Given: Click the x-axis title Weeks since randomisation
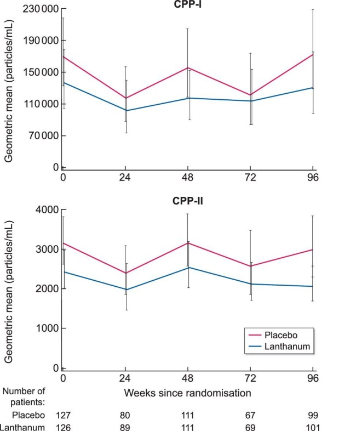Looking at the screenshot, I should (188, 393).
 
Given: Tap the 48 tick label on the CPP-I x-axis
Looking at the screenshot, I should (188, 178).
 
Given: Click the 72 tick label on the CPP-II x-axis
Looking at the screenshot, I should (250, 378).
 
